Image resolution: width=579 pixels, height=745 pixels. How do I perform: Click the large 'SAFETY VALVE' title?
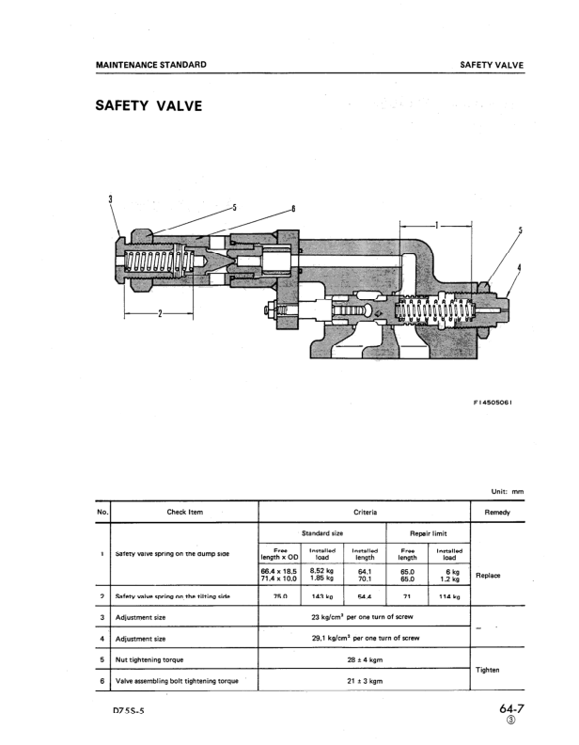tap(149, 105)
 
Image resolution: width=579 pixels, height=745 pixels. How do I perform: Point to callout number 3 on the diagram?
tap(111, 198)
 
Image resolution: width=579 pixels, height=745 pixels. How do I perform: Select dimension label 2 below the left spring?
tap(160, 314)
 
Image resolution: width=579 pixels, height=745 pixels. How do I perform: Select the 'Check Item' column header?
tap(184, 512)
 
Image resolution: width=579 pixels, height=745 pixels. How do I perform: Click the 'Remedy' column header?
tap(496, 512)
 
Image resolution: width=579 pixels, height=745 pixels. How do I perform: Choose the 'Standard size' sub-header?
tap(321, 533)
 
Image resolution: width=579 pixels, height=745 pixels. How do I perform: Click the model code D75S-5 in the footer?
tap(128, 713)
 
